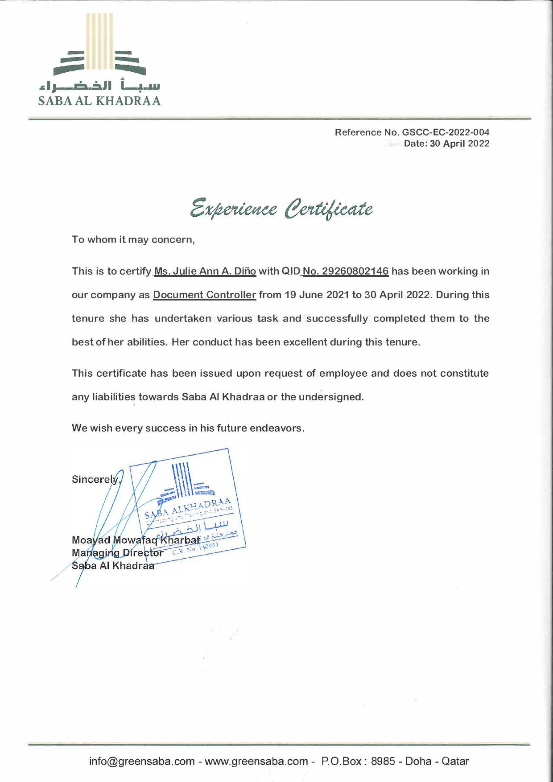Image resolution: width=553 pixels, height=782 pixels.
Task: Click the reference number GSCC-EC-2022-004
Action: (x=446, y=132)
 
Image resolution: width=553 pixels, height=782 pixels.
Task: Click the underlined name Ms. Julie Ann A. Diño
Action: (x=205, y=272)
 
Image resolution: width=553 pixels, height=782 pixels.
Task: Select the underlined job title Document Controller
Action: (x=205, y=295)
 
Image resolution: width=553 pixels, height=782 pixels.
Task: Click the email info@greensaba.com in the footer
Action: (x=141, y=761)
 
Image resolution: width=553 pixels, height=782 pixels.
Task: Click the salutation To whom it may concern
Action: (x=133, y=239)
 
